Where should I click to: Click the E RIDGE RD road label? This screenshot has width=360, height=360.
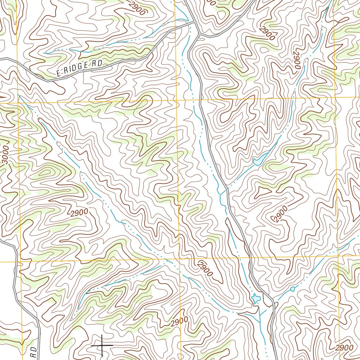(79, 68)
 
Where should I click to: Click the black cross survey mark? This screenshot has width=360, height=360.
(102, 345)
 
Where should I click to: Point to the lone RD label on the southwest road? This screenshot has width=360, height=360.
(33, 353)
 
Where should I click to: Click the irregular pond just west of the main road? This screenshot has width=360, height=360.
(255, 299)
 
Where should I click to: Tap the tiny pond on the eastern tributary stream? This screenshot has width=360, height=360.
(292, 289)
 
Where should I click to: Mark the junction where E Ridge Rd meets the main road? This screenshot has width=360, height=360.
(195, 22)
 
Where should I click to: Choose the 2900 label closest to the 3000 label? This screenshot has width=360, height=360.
(79, 213)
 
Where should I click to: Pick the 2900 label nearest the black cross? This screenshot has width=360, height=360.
(179, 322)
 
